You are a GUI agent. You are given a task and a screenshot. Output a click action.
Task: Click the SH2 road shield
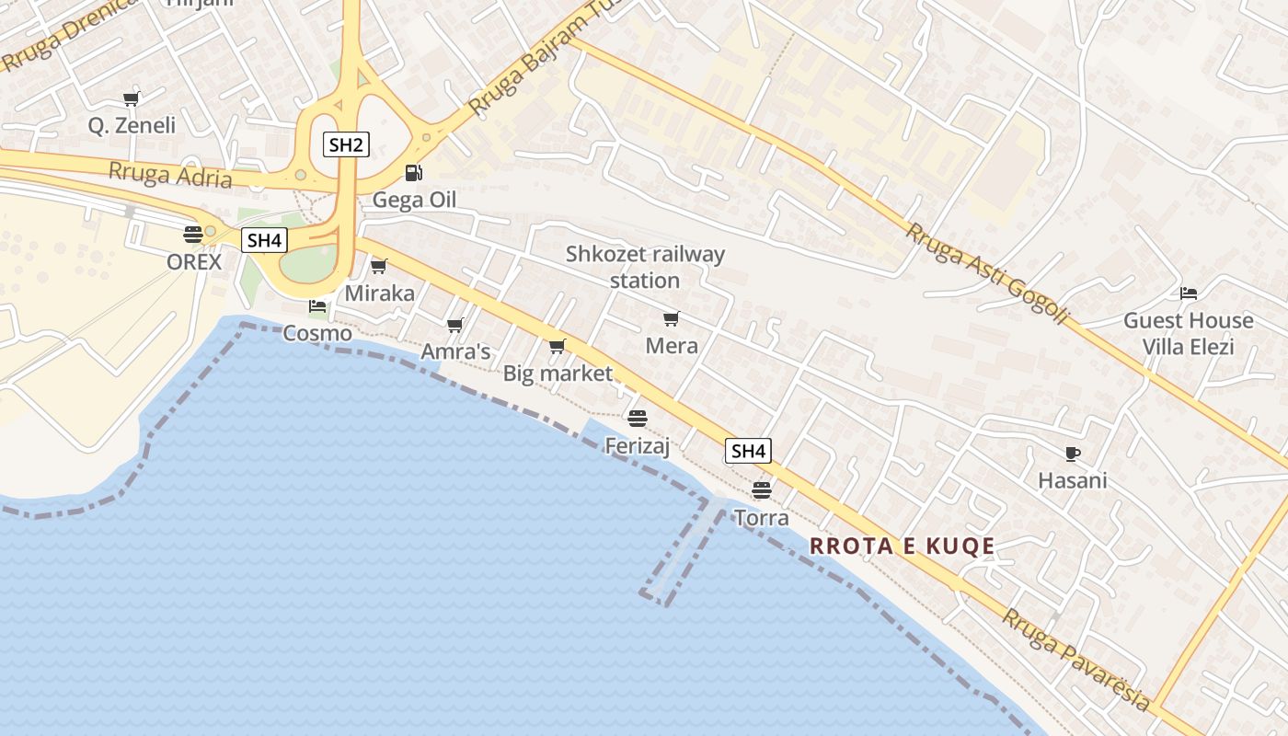tap(346, 144)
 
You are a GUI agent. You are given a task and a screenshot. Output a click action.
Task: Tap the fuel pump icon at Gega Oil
tap(414, 173)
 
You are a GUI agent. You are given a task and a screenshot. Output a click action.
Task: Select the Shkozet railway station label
tap(645, 267)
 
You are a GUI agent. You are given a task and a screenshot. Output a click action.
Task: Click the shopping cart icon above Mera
tap(671, 319)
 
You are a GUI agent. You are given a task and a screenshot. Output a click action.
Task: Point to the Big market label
tap(558, 374)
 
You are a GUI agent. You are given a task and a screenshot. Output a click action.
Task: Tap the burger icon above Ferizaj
tap(638, 419)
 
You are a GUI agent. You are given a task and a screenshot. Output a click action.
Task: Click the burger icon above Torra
tap(762, 489)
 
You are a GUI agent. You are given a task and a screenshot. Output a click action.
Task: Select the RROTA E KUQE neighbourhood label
tap(903, 546)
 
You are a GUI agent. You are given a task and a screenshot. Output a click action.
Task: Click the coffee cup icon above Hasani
tap(1072, 454)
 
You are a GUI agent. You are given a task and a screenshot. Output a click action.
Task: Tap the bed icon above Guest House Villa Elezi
tap(1189, 293)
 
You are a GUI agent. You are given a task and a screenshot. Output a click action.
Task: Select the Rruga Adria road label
tap(170, 173)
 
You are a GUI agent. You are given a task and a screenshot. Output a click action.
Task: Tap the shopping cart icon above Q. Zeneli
tap(131, 98)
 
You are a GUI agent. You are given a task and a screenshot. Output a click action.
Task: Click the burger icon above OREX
tap(193, 234)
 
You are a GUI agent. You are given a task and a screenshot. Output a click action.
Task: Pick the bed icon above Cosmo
tap(317, 305)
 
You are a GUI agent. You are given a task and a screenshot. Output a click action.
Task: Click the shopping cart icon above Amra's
tap(454, 325)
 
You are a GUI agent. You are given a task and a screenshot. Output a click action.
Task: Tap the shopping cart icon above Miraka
tap(378, 267)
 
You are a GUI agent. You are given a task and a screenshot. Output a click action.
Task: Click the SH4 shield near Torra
tap(748, 451)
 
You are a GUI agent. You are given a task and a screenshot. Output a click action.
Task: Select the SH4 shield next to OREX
tap(264, 241)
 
